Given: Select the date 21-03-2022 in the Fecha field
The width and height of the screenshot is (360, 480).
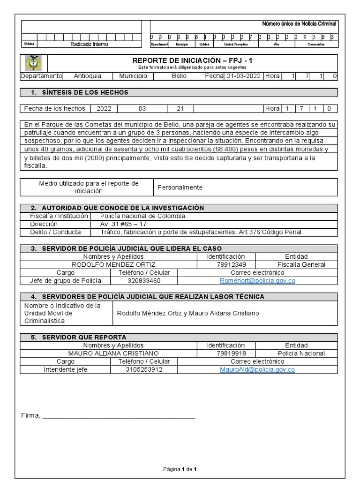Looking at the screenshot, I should (243, 76).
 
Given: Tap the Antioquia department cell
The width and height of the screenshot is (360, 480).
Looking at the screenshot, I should (87, 76).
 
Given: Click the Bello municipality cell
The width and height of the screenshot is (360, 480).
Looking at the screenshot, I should (179, 76).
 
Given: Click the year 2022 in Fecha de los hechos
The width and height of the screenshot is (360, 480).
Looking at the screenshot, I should (104, 109).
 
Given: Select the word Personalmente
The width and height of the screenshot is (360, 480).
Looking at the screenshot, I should (180, 187).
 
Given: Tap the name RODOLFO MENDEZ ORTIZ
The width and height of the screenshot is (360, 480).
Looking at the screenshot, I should (113, 265).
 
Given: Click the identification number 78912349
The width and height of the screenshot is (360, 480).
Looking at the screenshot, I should (225, 265).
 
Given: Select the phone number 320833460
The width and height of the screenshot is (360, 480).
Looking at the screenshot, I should (144, 281).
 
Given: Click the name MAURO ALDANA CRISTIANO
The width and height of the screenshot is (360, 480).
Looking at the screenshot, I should (113, 353).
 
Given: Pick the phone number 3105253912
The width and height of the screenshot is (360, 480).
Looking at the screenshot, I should (144, 369).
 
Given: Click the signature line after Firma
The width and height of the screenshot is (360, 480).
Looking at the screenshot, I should (119, 416).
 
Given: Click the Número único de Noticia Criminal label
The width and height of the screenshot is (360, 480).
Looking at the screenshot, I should (299, 24).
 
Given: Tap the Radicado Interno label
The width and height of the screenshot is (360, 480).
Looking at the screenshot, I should (89, 44).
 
